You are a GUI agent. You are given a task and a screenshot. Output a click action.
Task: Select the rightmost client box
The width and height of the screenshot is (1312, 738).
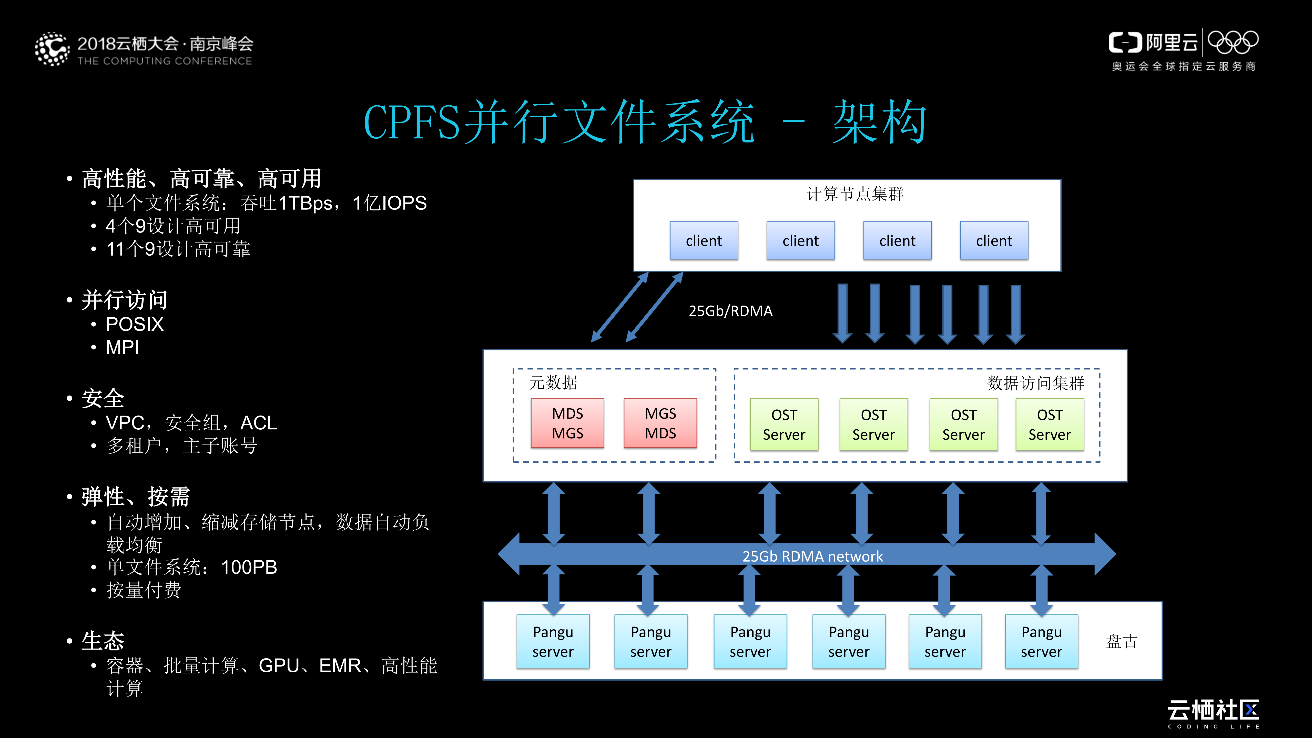pyautogui.click(x=994, y=240)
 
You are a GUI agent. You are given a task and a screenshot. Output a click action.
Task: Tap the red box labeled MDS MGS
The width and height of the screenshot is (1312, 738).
pyautogui.click(x=567, y=423)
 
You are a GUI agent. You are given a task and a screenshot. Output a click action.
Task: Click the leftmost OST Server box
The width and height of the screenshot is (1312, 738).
pyautogui.click(x=784, y=424)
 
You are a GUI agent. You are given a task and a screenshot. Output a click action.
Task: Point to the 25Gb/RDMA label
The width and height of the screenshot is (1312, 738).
pyautogui.click(x=730, y=311)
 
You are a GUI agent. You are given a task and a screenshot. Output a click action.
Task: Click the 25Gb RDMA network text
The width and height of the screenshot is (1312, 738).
pyautogui.click(x=812, y=556)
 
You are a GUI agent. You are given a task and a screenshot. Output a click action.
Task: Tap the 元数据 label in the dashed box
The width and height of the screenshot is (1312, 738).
pyautogui.click(x=553, y=382)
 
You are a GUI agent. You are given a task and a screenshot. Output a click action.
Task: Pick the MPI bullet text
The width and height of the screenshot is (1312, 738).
pyautogui.click(x=122, y=347)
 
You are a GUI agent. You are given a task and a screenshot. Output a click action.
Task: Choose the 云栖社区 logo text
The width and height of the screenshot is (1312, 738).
pyautogui.click(x=1213, y=710)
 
